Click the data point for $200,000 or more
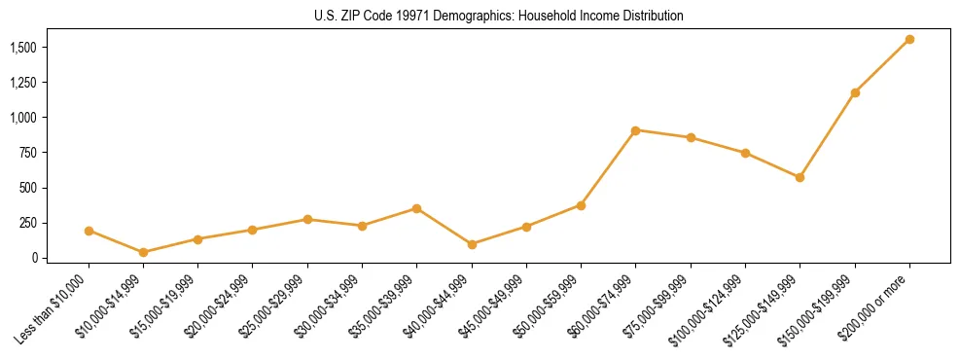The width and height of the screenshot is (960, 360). [x=909, y=39]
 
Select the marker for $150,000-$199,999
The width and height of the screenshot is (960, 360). [x=855, y=92]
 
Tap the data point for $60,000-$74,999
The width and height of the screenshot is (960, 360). [x=635, y=129]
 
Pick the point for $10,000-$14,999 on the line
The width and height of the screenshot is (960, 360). [x=143, y=252]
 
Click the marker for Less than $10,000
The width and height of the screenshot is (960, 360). [x=89, y=231]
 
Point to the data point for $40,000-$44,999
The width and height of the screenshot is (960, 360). [x=472, y=244]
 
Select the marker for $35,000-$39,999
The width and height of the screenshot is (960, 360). [x=416, y=208]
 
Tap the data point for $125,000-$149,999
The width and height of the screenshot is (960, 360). [x=800, y=177]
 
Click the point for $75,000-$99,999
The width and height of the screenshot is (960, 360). [x=691, y=137]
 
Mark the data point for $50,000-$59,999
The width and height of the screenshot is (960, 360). [x=581, y=205]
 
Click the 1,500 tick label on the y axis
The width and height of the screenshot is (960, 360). [x=23, y=47]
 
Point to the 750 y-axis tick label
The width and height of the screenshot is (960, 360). [x=28, y=153]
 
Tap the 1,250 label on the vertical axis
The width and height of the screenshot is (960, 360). [x=23, y=83]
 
